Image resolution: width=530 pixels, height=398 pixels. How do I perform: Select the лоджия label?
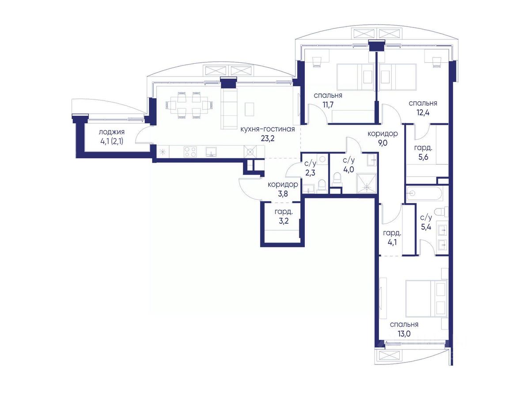click(x=111, y=132)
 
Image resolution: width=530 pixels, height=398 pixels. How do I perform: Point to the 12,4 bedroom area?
click(x=423, y=113)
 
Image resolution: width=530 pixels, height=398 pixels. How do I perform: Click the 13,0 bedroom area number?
click(x=404, y=334)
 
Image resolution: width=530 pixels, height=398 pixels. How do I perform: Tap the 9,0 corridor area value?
click(x=382, y=143)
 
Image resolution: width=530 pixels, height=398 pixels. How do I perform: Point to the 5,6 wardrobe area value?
click(x=423, y=157)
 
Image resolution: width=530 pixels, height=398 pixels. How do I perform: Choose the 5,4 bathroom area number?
click(x=426, y=227)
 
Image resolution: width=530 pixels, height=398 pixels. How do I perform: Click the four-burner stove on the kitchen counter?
click(x=190, y=152)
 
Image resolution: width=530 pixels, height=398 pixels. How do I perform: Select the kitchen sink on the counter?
click(x=211, y=152)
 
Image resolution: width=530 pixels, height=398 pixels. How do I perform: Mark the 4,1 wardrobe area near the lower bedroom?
click(x=392, y=242)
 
